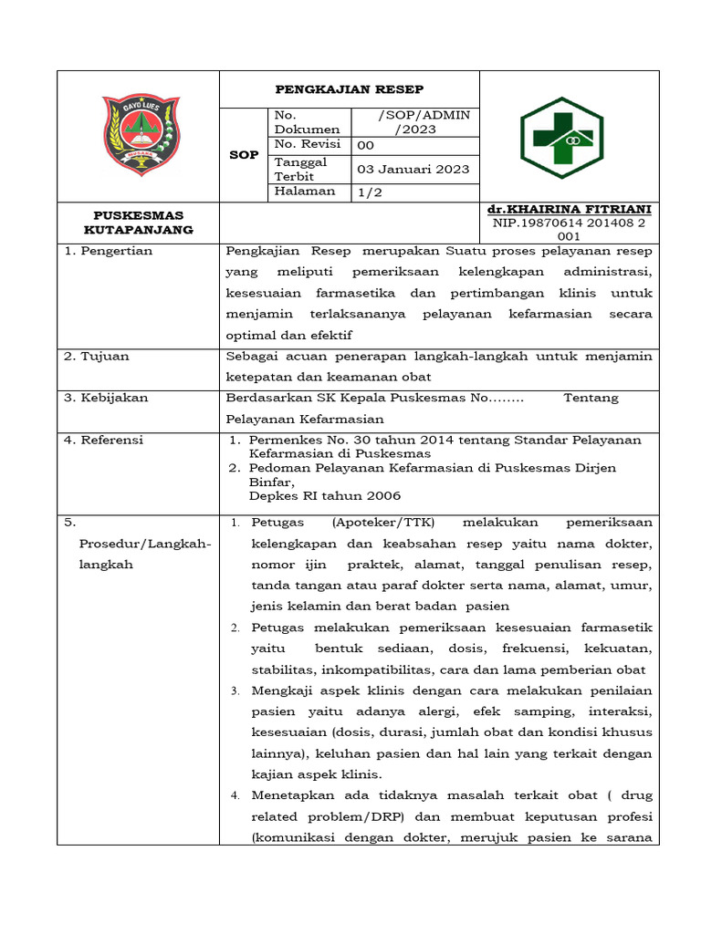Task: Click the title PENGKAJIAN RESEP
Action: point(350,89)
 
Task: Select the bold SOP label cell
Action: point(244,155)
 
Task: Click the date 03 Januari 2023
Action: point(413,169)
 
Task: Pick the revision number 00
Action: point(365,145)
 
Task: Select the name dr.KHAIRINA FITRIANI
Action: point(570,209)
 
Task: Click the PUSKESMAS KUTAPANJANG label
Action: point(138,223)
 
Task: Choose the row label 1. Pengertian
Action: point(109,251)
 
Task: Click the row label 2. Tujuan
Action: point(97,356)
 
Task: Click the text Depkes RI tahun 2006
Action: point(325,495)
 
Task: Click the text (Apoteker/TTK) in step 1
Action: point(384,523)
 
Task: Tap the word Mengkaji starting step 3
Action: point(284,690)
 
